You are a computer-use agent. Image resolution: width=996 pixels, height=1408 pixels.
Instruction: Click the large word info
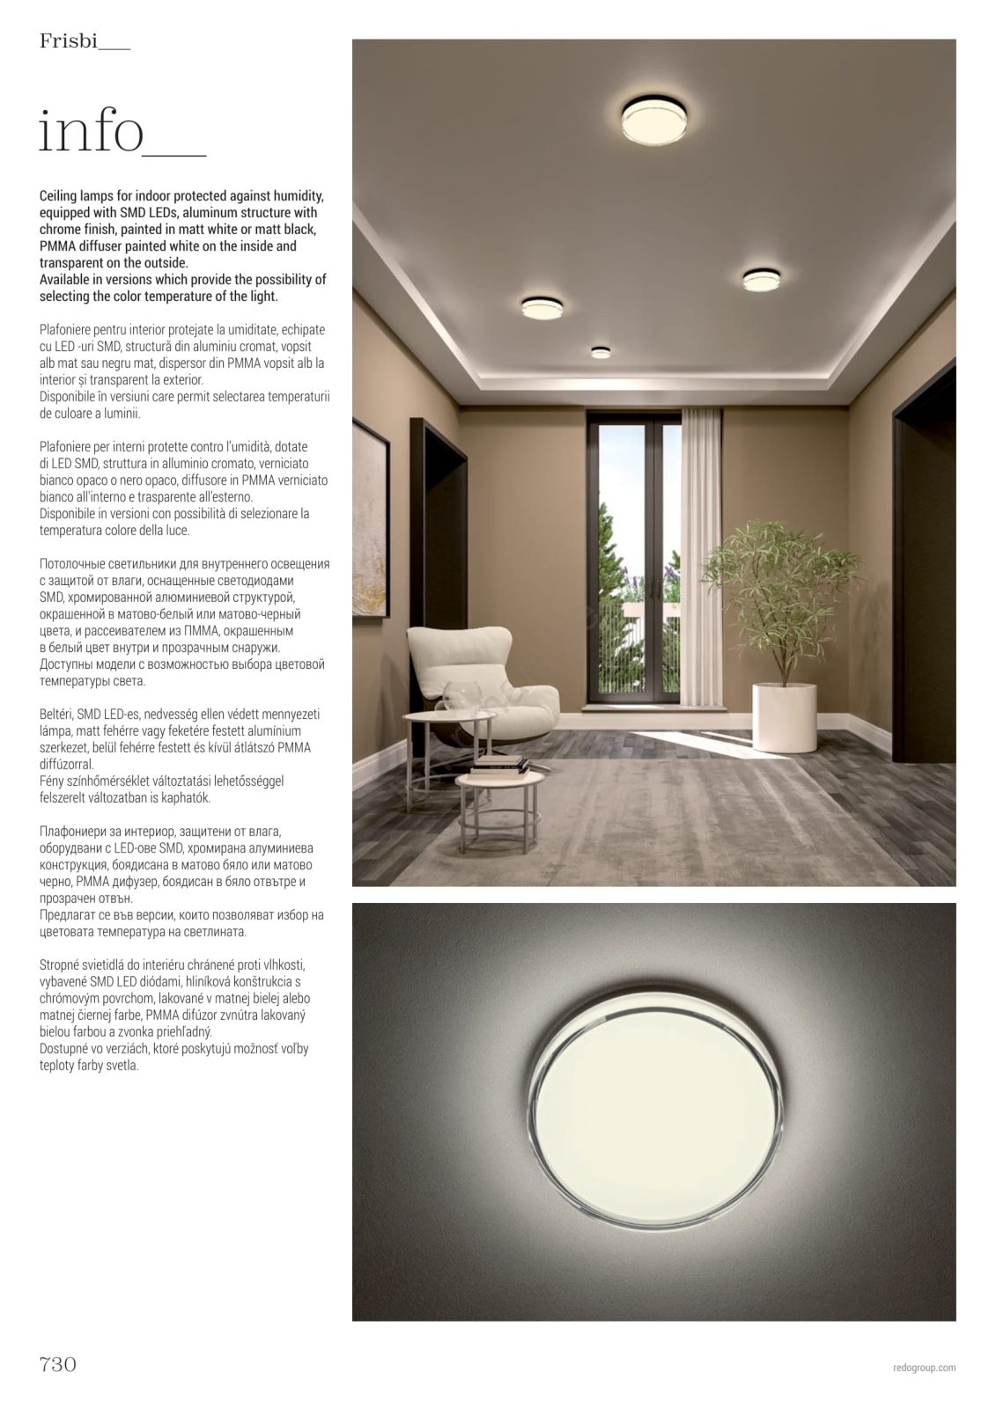tap(92, 132)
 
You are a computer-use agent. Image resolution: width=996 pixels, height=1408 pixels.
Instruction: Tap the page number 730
tap(58, 1364)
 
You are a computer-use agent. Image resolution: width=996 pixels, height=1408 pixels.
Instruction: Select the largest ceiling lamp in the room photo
tap(656, 120)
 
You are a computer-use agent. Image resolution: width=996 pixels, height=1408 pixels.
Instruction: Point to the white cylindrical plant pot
tap(785, 717)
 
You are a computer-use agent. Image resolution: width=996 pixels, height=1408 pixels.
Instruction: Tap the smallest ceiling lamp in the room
tap(601, 352)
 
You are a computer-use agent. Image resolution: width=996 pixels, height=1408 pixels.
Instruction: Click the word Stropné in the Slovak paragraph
tap(60, 965)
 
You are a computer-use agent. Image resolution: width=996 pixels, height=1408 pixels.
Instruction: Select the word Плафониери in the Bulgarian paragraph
tap(73, 832)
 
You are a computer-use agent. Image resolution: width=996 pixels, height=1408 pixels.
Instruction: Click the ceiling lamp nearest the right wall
tap(761, 279)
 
